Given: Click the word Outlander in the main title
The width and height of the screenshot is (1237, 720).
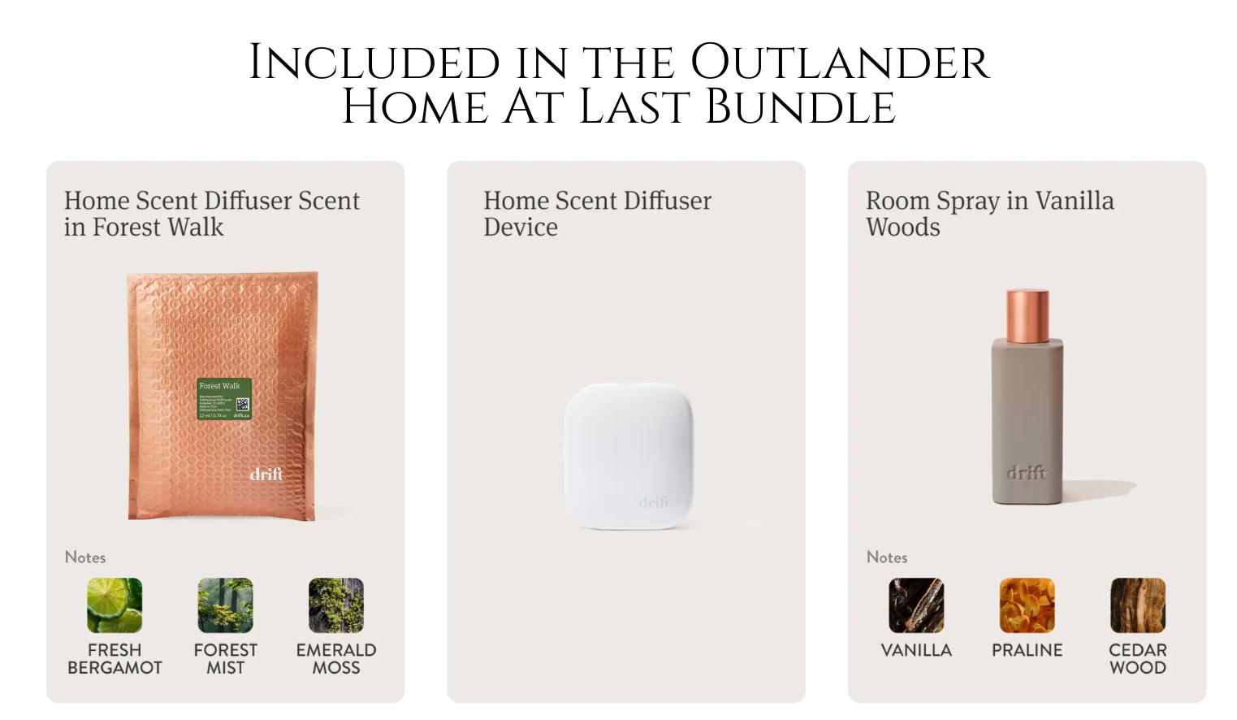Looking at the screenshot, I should [x=840, y=63].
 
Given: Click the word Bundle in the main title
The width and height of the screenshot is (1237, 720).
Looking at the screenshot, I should [x=800, y=107].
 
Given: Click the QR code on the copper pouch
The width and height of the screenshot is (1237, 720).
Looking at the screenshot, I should [x=242, y=405].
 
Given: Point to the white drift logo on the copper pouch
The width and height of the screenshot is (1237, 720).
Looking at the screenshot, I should [x=266, y=473].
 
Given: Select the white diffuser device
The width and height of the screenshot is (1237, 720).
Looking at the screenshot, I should [x=629, y=456].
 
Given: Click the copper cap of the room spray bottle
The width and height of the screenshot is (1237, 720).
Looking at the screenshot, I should [x=1027, y=315].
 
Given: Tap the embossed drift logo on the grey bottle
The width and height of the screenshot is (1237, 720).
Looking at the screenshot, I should [x=1027, y=472].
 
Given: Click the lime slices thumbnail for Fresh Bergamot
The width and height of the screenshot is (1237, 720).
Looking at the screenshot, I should [x=115, y=605].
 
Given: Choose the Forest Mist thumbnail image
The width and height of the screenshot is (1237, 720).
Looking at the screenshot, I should [x=225, y=605].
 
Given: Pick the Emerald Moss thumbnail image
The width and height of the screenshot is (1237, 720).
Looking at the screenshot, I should [x=336, y=605].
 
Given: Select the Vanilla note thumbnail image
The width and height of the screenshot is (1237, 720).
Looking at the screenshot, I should [x=916, y=605].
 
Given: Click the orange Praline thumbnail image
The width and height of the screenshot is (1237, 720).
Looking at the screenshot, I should [x=1027, y=605].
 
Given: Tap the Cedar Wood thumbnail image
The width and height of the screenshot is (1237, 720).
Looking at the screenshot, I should [x=1138, y=605].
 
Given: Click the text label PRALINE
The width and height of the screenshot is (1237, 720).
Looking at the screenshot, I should [x=1027, y=650].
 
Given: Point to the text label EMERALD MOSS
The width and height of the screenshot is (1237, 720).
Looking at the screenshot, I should [x=336, y=659].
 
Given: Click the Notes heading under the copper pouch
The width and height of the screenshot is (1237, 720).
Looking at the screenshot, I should [x=85, y=557].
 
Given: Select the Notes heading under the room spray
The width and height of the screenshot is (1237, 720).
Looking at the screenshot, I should [x=887, y=557].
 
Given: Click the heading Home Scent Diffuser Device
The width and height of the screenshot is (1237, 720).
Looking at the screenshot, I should [x=597, y=214].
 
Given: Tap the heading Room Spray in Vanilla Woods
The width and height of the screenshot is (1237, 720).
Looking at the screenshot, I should [x=989, y=214].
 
